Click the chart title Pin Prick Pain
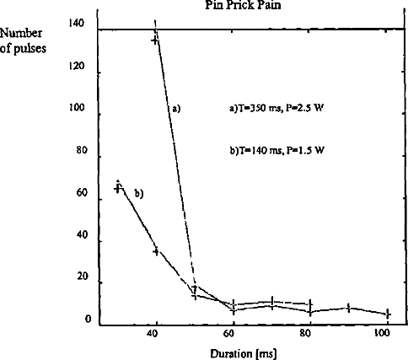point(243,5)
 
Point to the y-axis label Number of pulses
point(23,40)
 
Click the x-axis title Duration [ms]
point(244,353)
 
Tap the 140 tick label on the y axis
point(77,23)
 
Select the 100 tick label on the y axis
point(77,108)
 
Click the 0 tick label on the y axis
point(88,320)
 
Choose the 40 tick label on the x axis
point(153,333)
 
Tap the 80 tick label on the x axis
point(305,333)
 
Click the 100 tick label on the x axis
point(382,333)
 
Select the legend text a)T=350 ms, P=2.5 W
point(277,108)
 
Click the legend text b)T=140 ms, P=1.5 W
point(277,151)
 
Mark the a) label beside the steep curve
point(176,109)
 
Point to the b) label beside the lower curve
point(139,193)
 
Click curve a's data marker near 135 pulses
point(155,40)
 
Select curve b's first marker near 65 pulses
point(118,189)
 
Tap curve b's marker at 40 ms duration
point(156,251)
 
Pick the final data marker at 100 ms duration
point(387,314)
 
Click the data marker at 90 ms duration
point(348,308)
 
